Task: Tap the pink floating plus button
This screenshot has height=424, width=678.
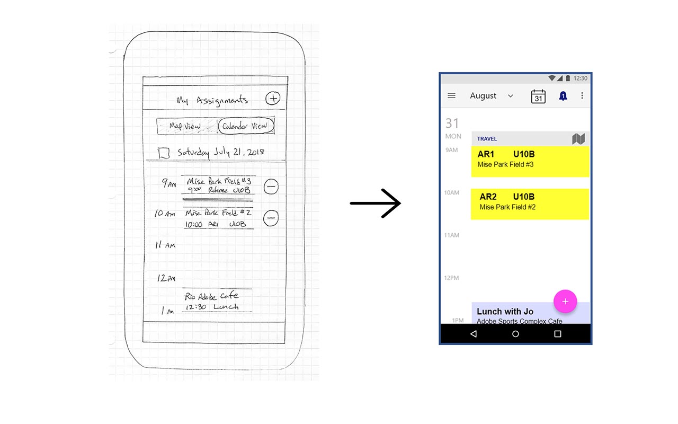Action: pos(565,302)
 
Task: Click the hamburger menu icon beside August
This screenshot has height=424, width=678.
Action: pos(451,96)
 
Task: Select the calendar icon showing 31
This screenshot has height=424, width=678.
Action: pos(538,96)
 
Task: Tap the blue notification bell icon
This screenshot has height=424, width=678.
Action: pos(563,96)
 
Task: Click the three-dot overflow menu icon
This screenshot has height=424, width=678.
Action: pos(582,96)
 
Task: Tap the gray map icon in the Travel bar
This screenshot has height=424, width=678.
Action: pos(578,139)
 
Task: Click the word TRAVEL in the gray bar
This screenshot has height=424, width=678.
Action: pos(487,139)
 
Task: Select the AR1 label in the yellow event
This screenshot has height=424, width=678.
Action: pos(486,154)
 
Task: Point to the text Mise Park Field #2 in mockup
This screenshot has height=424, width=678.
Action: pos(507,207)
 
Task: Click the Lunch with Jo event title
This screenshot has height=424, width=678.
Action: pos(505,312)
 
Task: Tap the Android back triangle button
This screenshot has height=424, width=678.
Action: pos(473,334)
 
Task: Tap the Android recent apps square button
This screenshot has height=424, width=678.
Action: pos(557,334)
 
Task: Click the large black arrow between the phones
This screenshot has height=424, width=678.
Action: pos(376,204)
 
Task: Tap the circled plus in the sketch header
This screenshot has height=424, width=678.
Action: pos(272,98)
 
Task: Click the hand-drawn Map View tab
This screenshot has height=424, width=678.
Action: pos(185,126)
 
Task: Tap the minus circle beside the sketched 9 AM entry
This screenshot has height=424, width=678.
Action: pos(271,187)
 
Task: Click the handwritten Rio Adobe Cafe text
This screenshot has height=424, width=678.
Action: pos(211,296)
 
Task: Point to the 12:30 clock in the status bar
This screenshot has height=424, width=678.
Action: pos(581,78)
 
